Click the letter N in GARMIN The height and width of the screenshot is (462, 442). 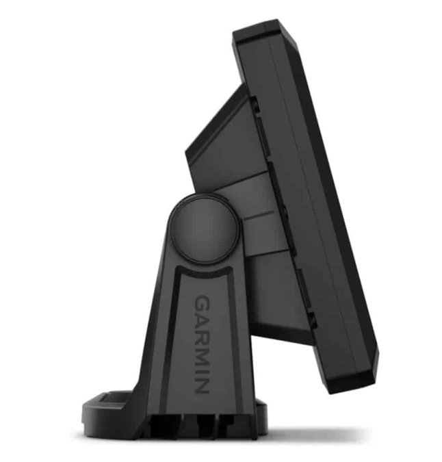click(203, 385)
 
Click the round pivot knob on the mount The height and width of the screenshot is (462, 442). click(203, 229)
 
